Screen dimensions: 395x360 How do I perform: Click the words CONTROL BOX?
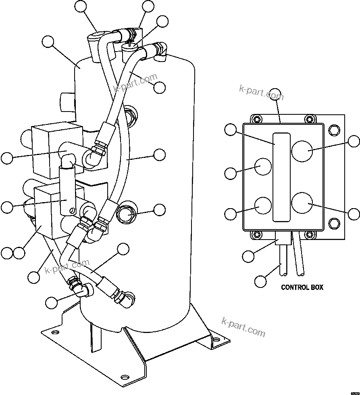click(x=302, y=287)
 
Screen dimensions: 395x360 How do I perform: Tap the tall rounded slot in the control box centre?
click(x=281, y=177)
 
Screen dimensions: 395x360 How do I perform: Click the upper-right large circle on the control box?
click(x=302, y=151)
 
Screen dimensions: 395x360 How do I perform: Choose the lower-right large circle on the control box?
click(x=302, y=203)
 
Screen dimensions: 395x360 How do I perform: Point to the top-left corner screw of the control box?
click(x=255, y=119)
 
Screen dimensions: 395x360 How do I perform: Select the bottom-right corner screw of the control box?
click(x=309, y=234)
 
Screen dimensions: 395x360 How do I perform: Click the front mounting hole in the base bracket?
click(x=125, y=377)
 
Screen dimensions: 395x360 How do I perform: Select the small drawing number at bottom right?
click(x=354, y=392)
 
